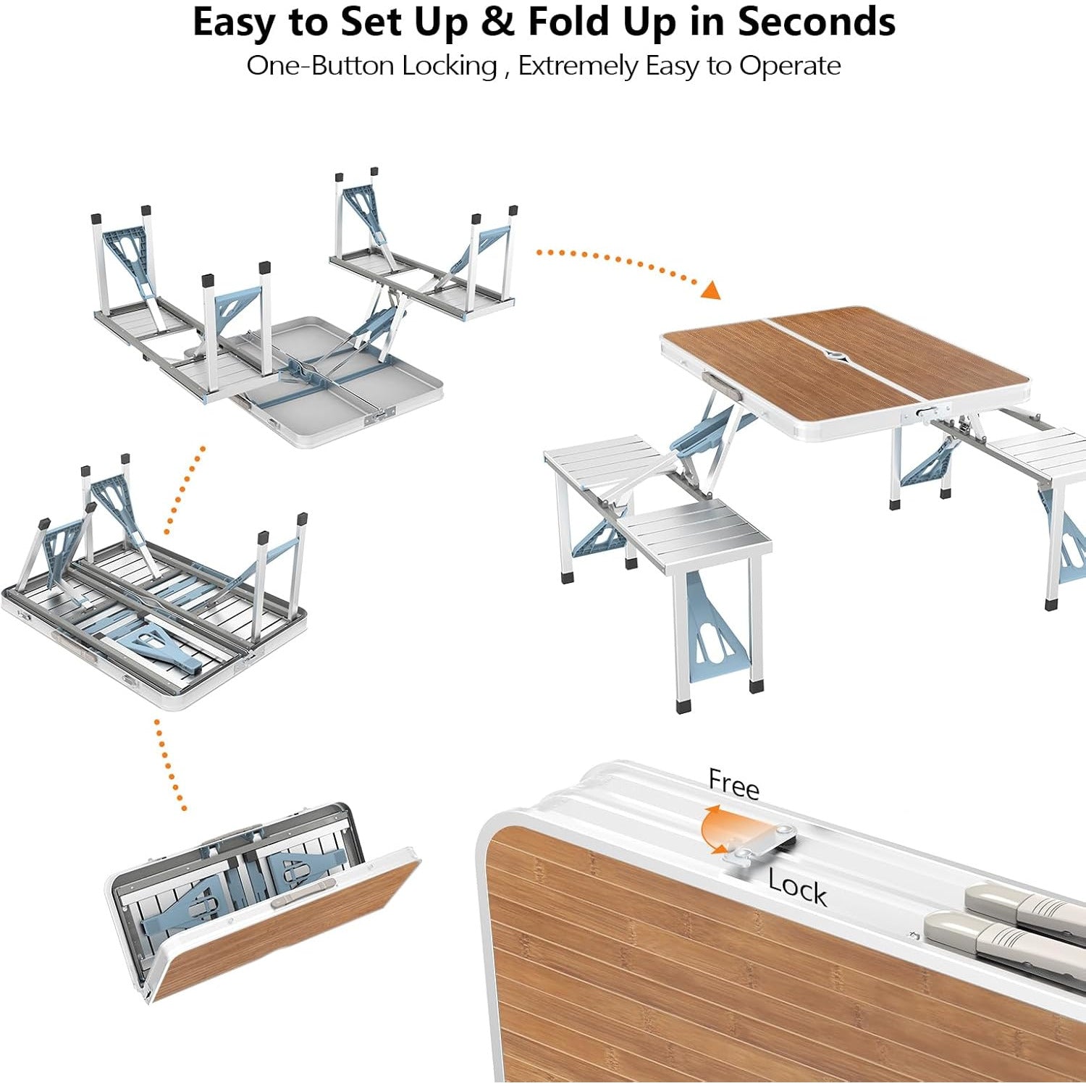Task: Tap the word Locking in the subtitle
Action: click(x=450, y=66)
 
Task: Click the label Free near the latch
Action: click(x=734, y=784)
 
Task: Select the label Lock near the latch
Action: click(x=797, y=885)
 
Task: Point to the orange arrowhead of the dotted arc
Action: click(x=712, y=290)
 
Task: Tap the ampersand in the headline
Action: click(x=497, y=22)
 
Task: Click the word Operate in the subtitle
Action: click(x=790, y=67)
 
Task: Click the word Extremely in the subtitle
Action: click(x=578, y=67)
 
